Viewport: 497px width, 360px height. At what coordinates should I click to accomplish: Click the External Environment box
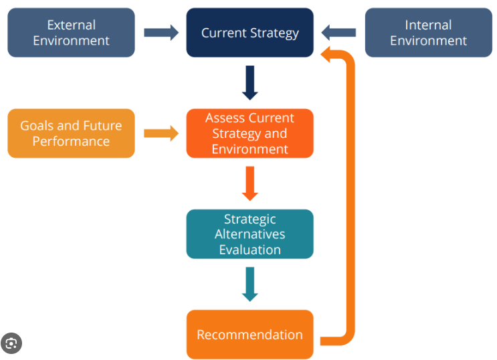[71, 33]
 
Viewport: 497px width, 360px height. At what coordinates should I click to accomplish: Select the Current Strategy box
[250, 33]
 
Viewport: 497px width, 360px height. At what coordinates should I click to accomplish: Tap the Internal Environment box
[429, 33]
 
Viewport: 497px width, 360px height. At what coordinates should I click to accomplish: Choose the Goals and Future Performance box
[71, 133]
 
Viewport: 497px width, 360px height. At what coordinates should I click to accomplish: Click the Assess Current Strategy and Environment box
[250, 133]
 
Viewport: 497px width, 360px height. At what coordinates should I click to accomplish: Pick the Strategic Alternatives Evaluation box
[250, 234]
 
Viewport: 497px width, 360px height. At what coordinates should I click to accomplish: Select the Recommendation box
[250, 335]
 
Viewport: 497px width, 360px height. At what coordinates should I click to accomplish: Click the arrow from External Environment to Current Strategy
[161, 33]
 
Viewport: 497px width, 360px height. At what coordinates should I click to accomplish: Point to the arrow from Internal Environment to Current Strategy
[338, 33]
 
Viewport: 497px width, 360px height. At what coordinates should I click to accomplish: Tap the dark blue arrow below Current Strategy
[250, 83]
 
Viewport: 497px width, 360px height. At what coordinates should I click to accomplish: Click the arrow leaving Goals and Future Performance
[161, 133]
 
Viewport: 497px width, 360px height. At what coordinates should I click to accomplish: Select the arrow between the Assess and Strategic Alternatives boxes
[250, 183]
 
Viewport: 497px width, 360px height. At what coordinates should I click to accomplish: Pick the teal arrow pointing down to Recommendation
[250, 284]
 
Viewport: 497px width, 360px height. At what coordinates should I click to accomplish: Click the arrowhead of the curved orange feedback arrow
[326, 55]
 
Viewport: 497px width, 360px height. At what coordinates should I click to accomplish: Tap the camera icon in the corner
[11, 343]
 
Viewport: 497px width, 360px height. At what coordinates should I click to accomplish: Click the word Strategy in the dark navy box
[274, 33]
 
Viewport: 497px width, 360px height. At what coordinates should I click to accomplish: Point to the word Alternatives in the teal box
[250, 234]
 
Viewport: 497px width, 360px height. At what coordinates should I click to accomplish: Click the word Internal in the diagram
[429, 25]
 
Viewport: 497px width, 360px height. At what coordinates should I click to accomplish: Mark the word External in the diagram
[72, 25]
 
